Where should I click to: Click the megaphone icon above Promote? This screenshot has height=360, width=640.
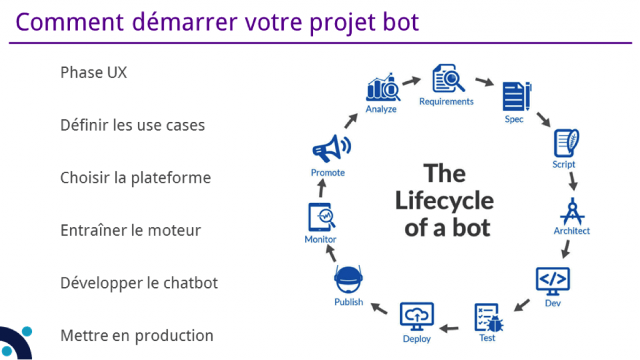coord(331,149)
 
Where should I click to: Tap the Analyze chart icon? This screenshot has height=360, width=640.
coord(382,89)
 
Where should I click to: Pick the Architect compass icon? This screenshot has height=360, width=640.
coord(571,211)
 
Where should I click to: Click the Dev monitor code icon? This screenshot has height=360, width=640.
coord(553,281)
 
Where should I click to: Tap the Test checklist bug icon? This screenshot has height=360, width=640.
coord(488,318)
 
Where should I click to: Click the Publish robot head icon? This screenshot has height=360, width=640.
coord(348,280)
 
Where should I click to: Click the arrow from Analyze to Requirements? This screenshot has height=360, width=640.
coord(411,81)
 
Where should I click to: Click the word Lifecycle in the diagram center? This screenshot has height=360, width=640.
coord(444,201)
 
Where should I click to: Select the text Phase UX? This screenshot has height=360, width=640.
coord(94,72)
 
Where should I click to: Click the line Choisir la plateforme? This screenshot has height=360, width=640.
coord(136,178)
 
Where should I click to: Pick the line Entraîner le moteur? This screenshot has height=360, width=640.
coord(131,231)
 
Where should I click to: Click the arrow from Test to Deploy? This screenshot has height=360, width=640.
coord(449,326)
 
